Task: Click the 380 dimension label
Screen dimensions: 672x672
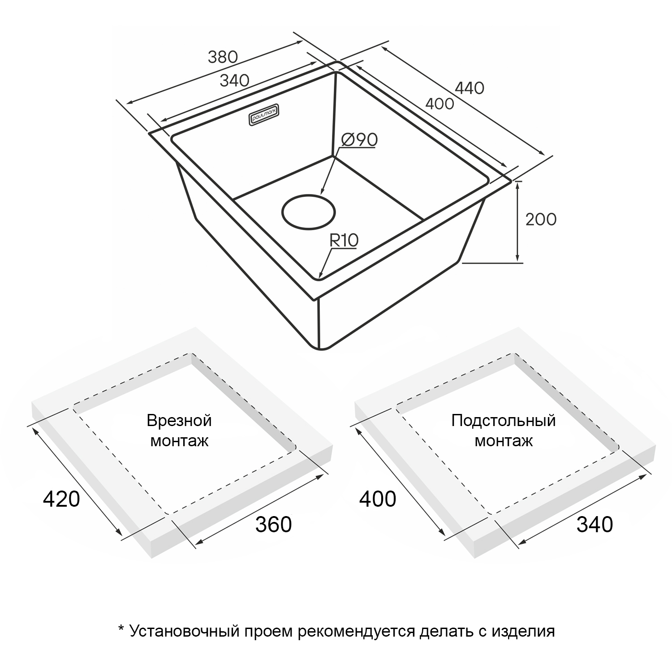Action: point(223,57)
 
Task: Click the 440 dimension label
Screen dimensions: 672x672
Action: point(470,88)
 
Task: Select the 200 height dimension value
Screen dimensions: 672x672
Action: point(541,219)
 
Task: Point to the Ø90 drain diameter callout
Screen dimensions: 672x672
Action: point(359,140)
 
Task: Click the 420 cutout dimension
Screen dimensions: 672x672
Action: point(61,499)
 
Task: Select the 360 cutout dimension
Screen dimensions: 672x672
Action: point(273,524)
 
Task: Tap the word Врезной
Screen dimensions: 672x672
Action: point(179,421)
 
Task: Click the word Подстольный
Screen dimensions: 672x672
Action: point(504,421)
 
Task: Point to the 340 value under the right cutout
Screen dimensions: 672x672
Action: point(594,524)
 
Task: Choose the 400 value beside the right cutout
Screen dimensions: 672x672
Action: point(378,499)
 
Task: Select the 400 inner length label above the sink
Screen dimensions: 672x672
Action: point(439,103)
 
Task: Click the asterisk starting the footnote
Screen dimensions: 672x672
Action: point(121,629)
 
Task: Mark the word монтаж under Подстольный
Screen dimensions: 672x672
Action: point(504,441)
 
